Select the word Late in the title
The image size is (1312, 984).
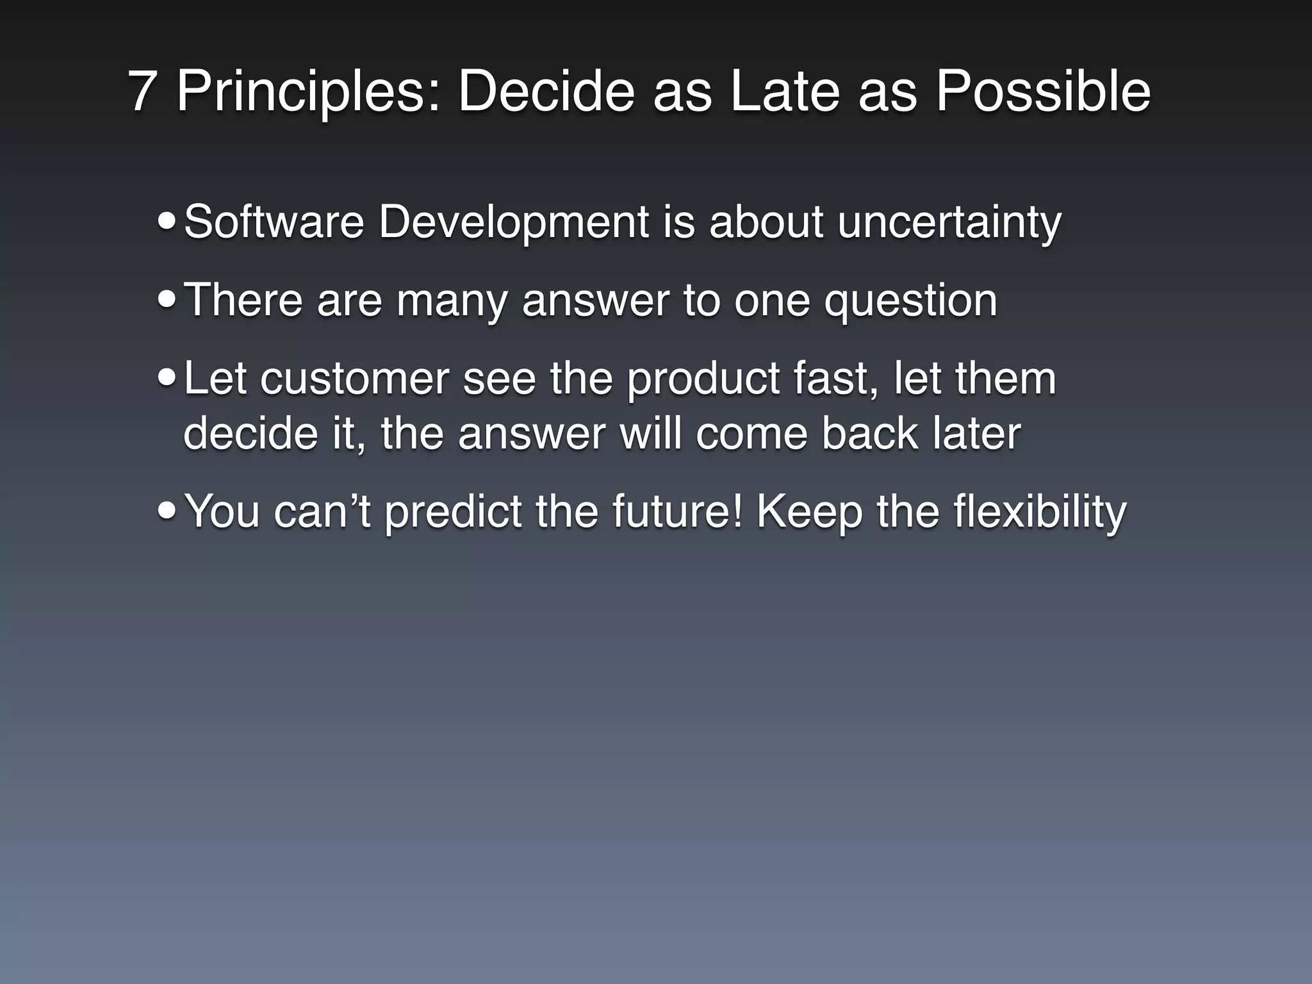[784, 92]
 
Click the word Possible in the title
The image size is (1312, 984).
[1043, 92]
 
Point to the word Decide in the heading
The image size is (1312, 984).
[546, 92]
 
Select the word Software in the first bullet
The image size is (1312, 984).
[274, 222]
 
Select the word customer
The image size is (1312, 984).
[354, 379]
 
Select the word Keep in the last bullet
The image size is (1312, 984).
[809, 512]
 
